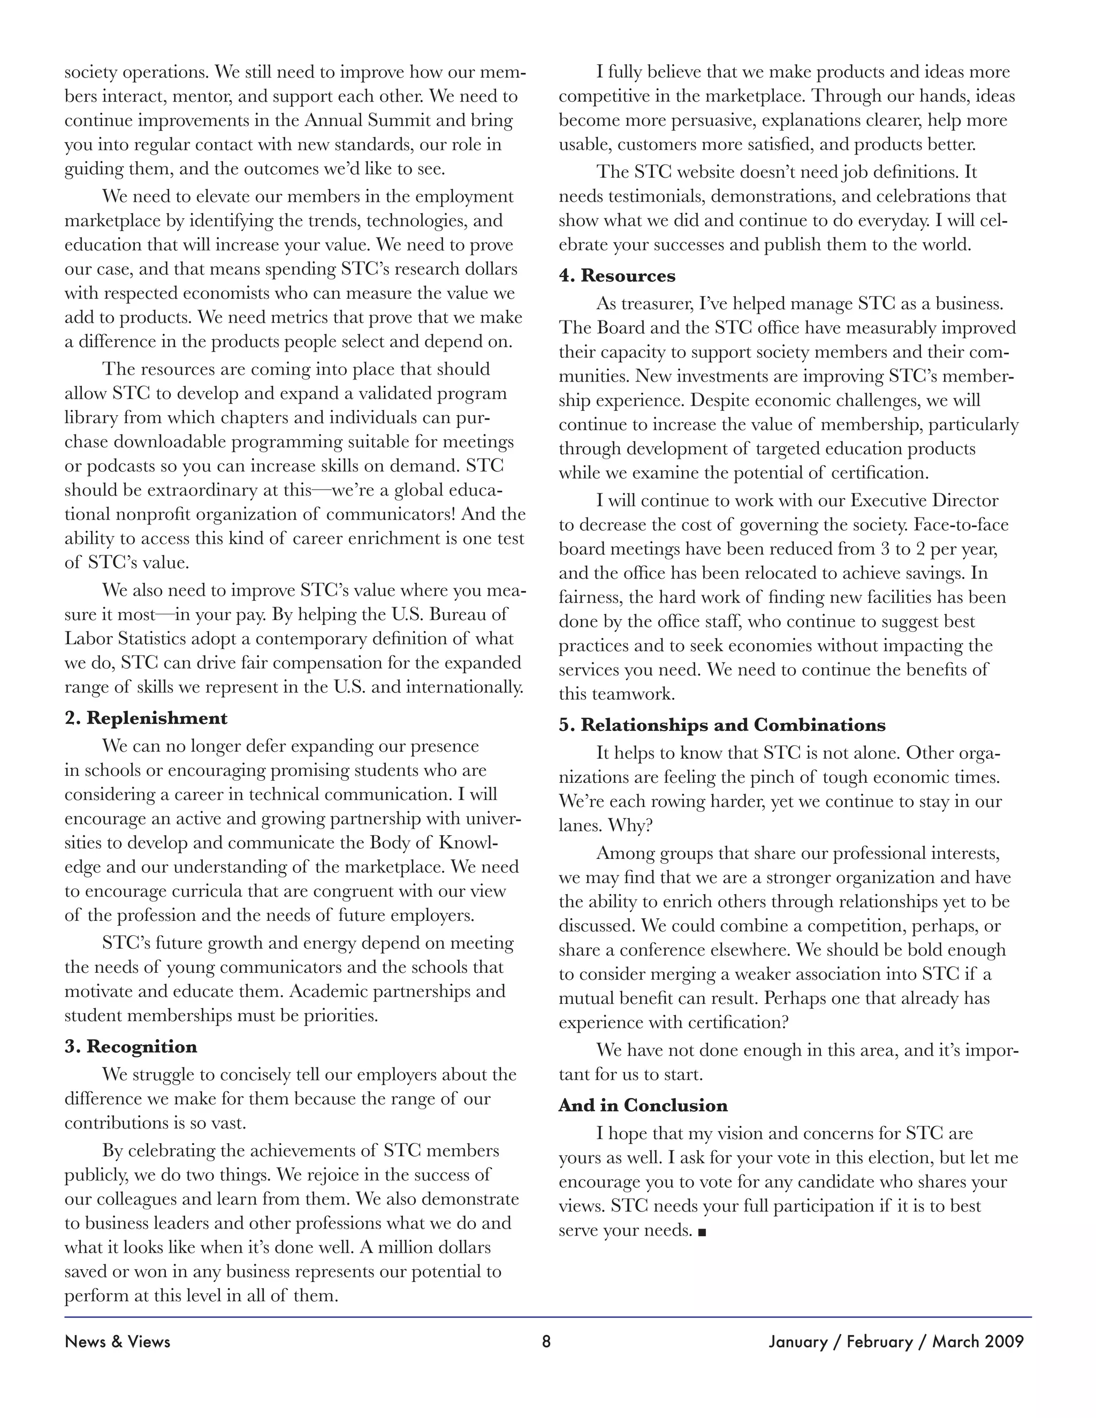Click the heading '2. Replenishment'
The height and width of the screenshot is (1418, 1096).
click(x=146, y=718)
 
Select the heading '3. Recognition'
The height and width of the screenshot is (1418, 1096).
click(x=131, y=1047)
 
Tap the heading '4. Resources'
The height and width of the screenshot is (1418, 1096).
click(x=617, y=276)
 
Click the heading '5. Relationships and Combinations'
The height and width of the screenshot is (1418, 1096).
click(x=722, y=725)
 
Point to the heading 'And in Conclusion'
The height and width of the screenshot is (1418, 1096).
click(x=643, y=1106)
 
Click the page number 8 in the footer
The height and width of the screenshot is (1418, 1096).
click(x=546, y=1341)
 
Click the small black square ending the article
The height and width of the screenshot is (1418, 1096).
click(x=702, y=1231)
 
